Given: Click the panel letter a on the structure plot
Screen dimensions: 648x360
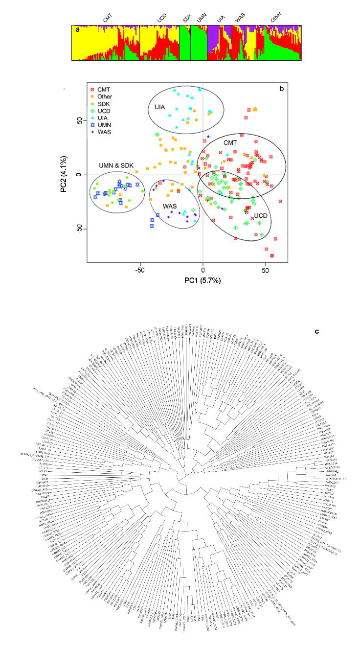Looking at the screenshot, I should tap(77, 30).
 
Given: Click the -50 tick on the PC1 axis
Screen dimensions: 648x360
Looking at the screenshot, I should tap(140, 269).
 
